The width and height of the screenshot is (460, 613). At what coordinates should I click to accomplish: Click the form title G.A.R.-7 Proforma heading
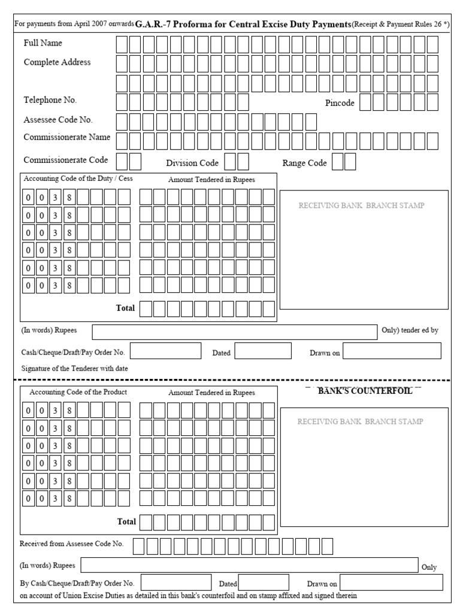tap(243, 25)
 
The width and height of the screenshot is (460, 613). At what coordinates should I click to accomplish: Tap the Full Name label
tap(43, 43)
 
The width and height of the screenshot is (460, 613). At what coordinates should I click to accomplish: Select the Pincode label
tap(340, 103)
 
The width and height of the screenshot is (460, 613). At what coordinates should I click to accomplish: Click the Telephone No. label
tap(50, 100)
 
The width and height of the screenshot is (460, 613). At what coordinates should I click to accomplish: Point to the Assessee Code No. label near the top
tap(58, 120)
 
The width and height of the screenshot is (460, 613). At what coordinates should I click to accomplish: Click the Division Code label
tap(192, 163)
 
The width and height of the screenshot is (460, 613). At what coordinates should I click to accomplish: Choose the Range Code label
tap(304, 163)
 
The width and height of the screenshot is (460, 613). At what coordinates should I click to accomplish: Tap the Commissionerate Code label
tap(66, 160)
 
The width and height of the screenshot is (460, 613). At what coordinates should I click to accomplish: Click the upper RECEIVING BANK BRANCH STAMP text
tap(361, 205)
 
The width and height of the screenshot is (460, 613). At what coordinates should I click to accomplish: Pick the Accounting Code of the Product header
tap(78, 392)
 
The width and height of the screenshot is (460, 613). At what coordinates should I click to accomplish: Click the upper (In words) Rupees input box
tap(234, 332)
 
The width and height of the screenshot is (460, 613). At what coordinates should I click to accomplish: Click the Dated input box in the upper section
tap(262, 351)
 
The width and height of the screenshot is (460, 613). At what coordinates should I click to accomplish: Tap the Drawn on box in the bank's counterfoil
tap(391, 582)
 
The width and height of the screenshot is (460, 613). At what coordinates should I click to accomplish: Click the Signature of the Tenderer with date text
tap(74, 369)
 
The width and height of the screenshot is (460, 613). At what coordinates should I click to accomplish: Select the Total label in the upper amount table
tap(125, 308)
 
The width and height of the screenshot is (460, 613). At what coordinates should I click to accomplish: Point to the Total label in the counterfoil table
tap(126, 521)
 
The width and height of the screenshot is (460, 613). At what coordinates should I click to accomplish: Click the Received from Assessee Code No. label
tap(71, 544)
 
